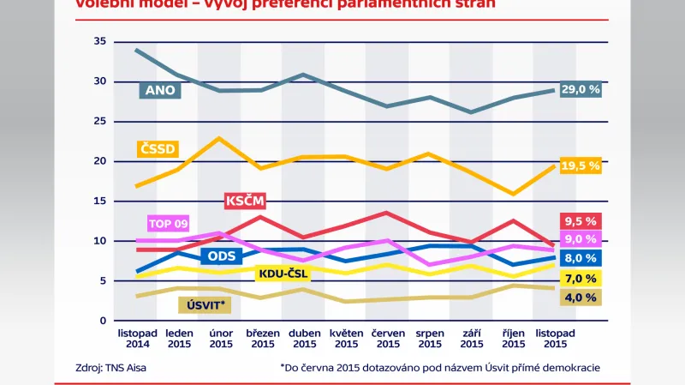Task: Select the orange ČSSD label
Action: click(x=157, y=149)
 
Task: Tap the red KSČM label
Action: click(x=245, y=202)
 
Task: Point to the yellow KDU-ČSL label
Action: click(x=283, y=274)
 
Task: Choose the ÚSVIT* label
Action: click(x=206, y=304)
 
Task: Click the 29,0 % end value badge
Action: click(x=581, y=90)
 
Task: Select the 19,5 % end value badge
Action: click(x=581, y=165)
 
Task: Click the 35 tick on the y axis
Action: click(x=99, y=42)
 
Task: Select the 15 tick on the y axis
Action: click(x=99, y=202)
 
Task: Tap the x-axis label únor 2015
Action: click(x=221, y=338)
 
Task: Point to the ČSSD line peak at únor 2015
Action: click(x=221, y=138)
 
